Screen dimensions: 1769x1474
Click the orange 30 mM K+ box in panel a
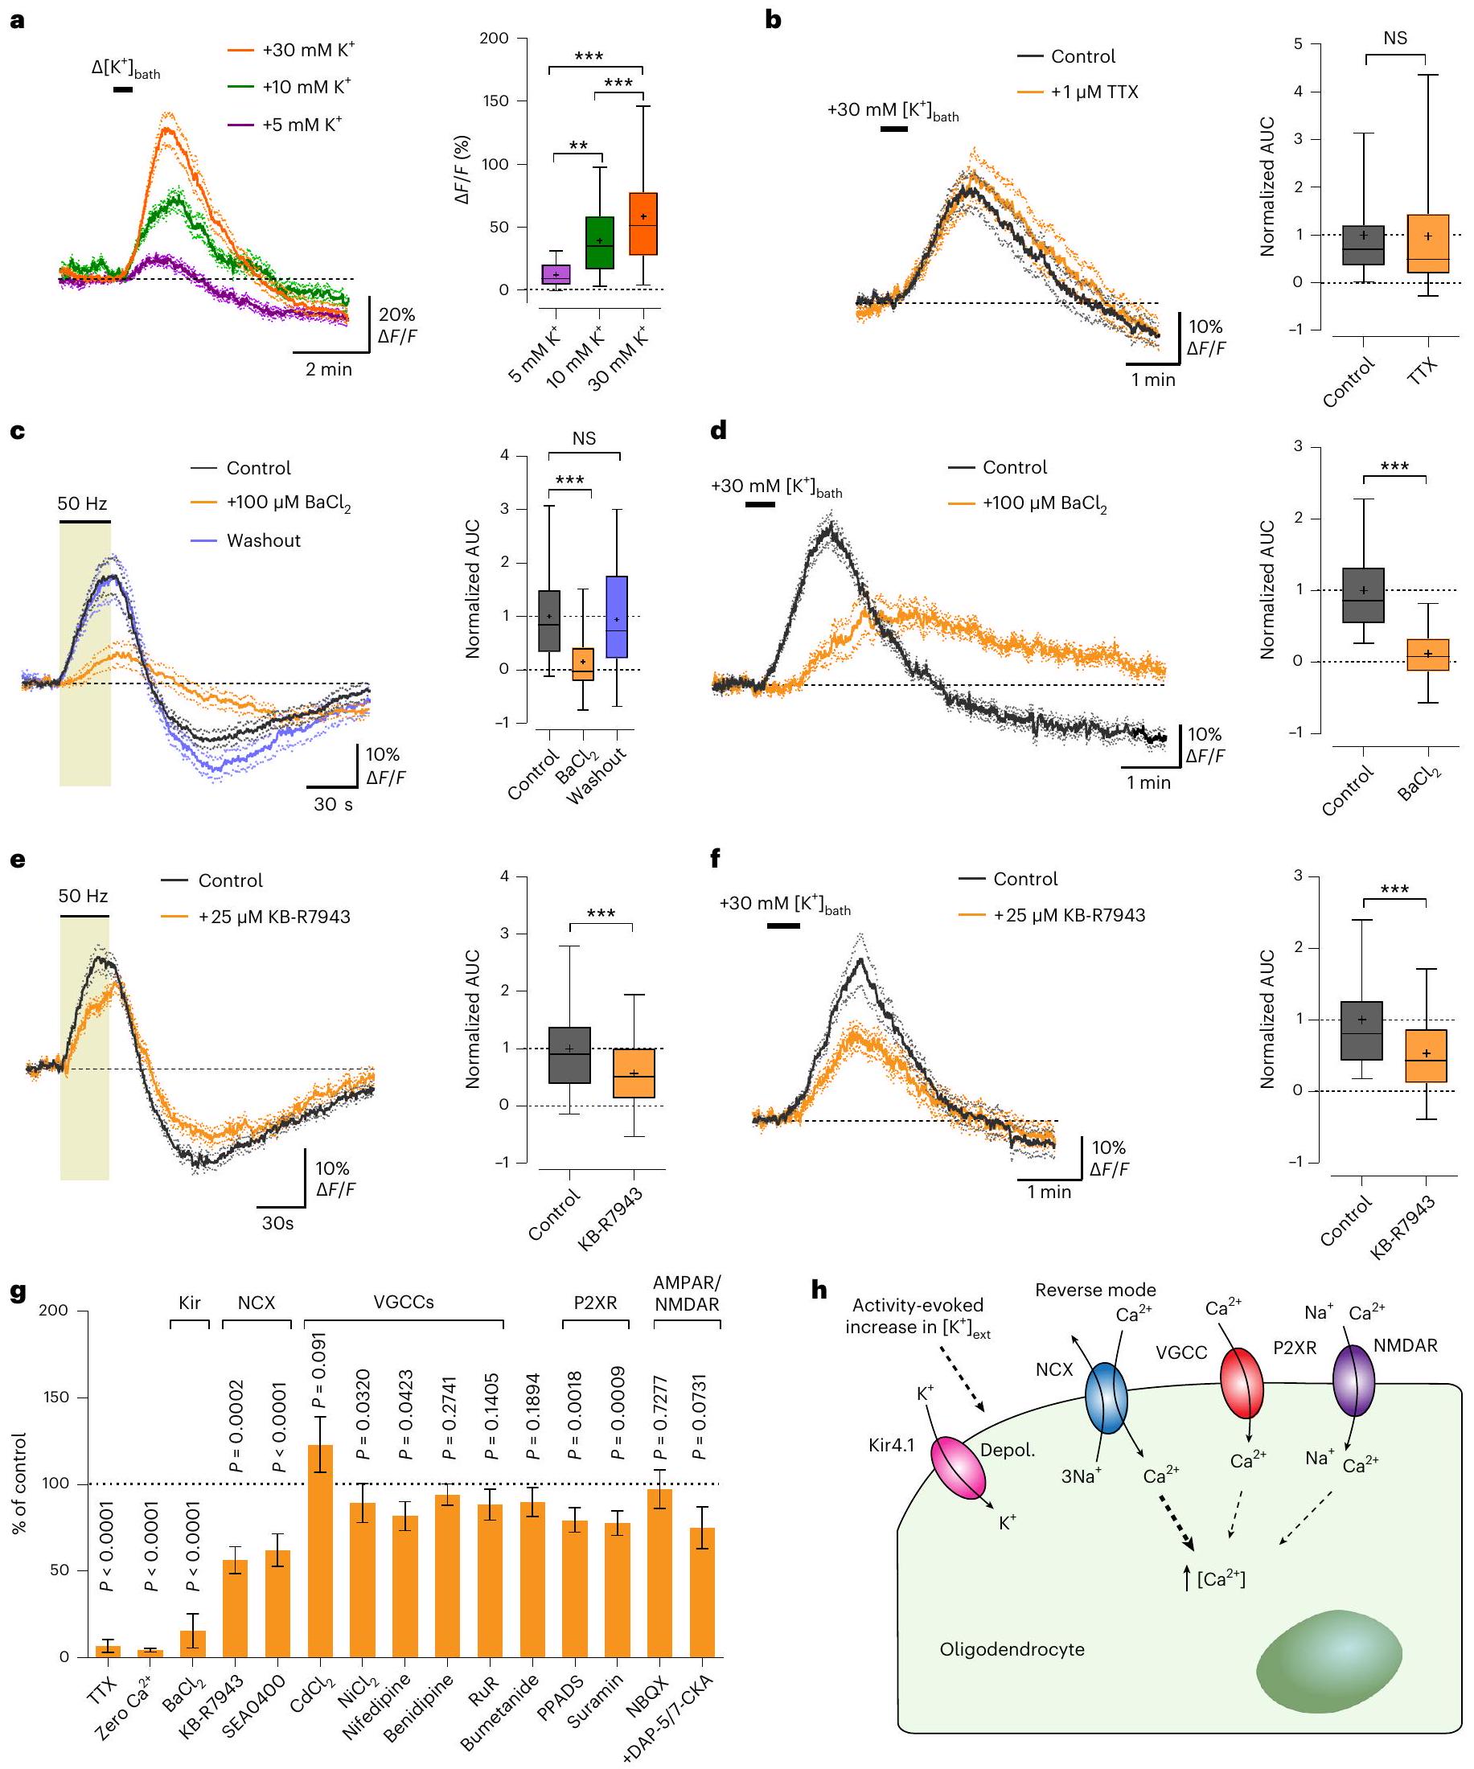click(643, 224)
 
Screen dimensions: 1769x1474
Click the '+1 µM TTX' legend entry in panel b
click(1094, 92)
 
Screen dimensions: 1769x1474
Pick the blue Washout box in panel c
click(617, 617)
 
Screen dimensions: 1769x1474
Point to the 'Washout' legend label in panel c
click(263, 541)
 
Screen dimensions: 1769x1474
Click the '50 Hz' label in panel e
click(83, 896)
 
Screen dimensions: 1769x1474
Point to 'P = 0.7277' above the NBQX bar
click(661, 1417)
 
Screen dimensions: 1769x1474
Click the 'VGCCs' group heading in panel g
click(404, 1303)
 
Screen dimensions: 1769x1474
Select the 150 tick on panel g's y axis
click(55, 1398)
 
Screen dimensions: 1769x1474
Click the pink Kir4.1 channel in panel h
click(958, 1469)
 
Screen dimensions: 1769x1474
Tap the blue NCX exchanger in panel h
click(1106, 1399)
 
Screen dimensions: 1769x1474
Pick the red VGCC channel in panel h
click(1242, 1383)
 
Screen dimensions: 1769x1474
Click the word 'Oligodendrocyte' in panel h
click(1012, 1649)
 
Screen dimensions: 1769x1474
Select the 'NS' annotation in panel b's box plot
click(1395, 39)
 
